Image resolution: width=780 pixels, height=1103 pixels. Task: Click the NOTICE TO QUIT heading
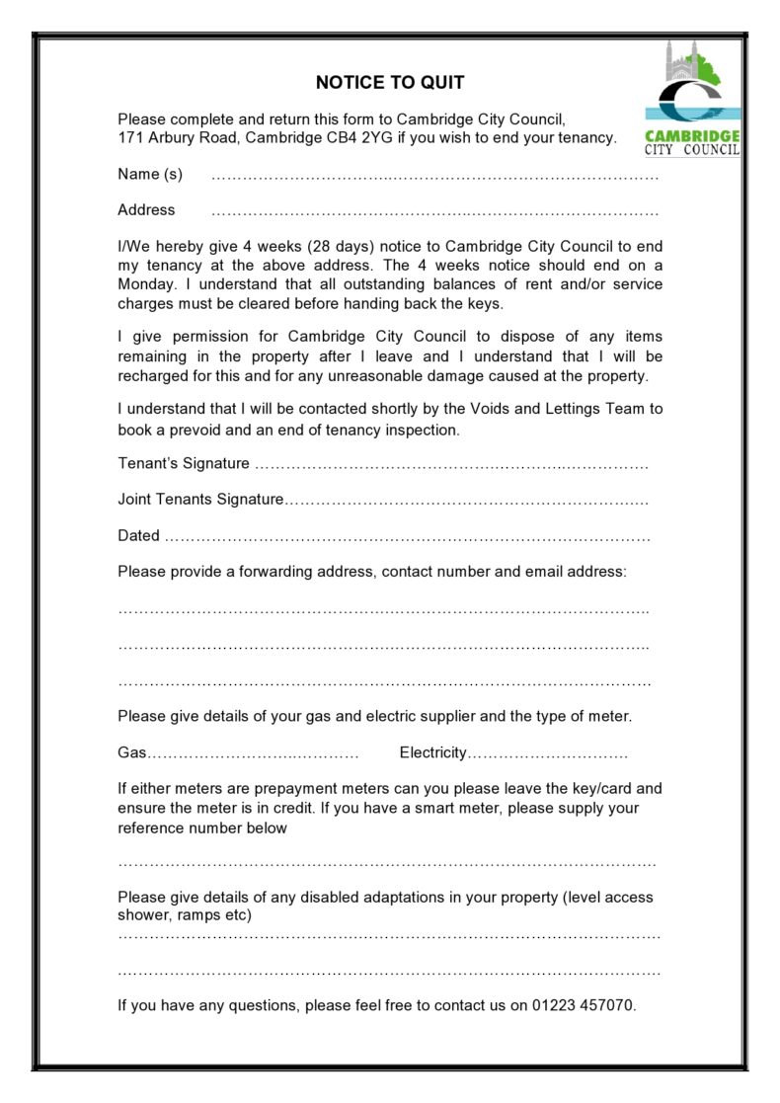click(x=390, y=83)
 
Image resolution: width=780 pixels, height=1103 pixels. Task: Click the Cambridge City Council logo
click(x=692, y=99)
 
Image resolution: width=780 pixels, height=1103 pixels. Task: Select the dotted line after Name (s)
click(x=434, y=176)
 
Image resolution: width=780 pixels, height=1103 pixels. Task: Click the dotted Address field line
click(x=434, y=211)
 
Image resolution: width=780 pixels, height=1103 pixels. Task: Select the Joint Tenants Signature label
click(x=200, y=500)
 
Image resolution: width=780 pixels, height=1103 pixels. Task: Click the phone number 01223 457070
click(x=584, y=1006)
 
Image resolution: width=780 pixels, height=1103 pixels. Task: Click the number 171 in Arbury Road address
click(x=130, y=138)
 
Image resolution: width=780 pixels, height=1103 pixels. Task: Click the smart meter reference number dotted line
click(x=387, y=863)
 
